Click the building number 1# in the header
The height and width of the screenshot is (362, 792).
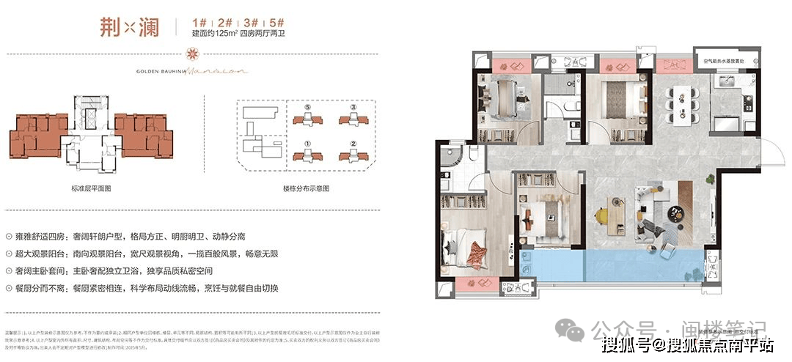pos(196,23)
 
